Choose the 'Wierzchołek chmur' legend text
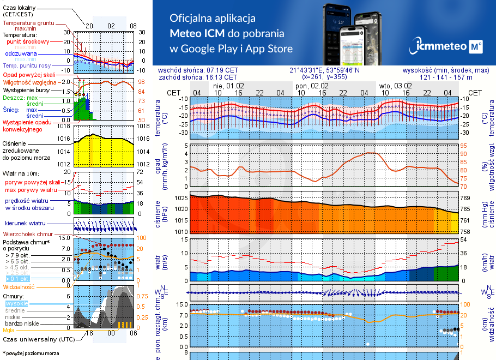click(x=27, y=233)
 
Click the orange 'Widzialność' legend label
click(x=19, y=286)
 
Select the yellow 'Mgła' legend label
click(x=9, y=330)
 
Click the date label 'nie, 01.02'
click(x=228, y=86)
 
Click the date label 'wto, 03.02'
click(x=395, y=86)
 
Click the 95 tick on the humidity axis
click(x=464, y=146)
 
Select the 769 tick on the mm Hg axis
click(x=466, y=199)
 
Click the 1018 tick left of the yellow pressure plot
click(x=65, y=127)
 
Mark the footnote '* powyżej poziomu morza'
click(x=31, y=353)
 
